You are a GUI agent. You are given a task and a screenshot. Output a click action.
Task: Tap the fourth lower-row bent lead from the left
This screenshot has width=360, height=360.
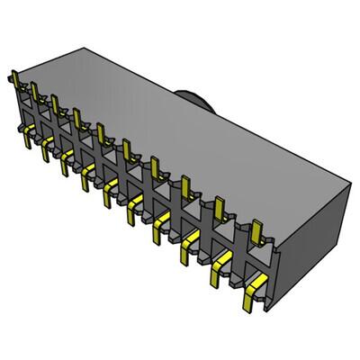pos(87,176)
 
